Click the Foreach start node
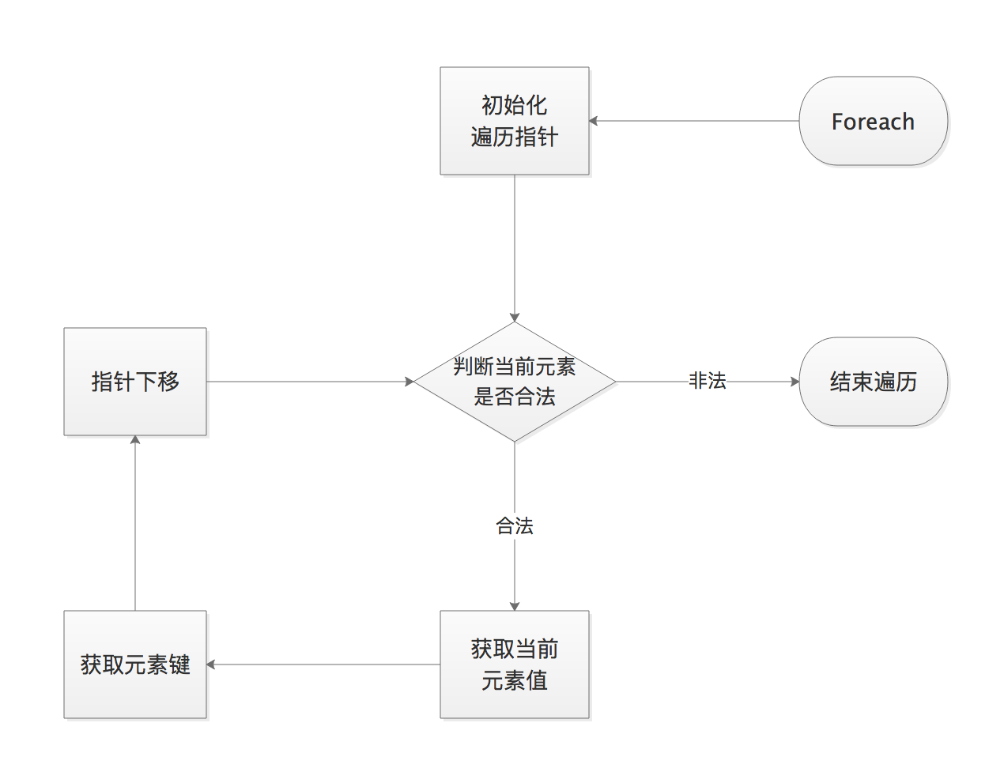[x=873, y=121]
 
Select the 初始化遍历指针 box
[x=514, y=121]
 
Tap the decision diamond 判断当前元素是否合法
[x=515, y=382]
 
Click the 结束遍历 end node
[x=873, y=382]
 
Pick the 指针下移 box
[x=135, y=382]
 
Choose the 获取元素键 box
[x=135, y=664]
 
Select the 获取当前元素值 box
[x=514, y=664]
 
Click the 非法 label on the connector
[x=707, y=381]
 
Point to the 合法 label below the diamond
[x=515, y=525]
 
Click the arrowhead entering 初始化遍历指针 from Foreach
[x=594, y=121]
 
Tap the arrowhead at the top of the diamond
[x=515, y=317]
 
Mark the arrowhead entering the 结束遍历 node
[x=795, y=382]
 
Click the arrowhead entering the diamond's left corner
[x=410, y=382]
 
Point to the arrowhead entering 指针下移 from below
[x=135, y=440]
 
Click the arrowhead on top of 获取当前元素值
[x=515, y=606]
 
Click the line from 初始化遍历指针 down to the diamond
[x=515, y=245]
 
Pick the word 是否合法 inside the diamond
[x=515, y=397]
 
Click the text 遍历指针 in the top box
[x=514, y=137]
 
